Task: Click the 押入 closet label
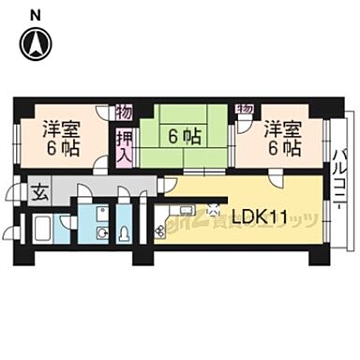[x=123, y=146]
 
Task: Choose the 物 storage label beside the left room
[x=123, y=112]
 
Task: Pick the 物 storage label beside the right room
[x=246, y=109]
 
